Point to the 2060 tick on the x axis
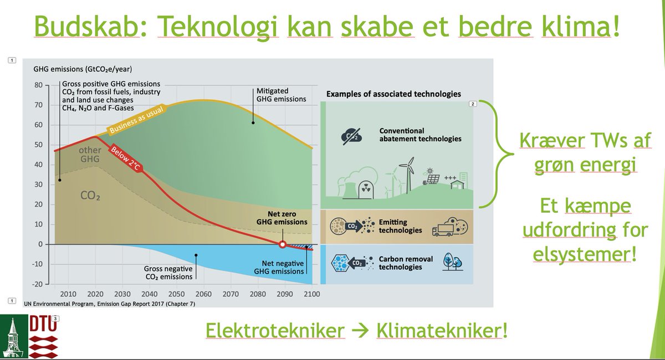pos(203,294)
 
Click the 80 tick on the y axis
pos(38,85)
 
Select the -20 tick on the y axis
pos(37,284)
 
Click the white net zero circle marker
pos(282,244)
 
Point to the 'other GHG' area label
pos(90,155)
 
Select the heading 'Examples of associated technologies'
pos(393,94)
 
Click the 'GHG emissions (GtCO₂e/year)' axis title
pos(83,69)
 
